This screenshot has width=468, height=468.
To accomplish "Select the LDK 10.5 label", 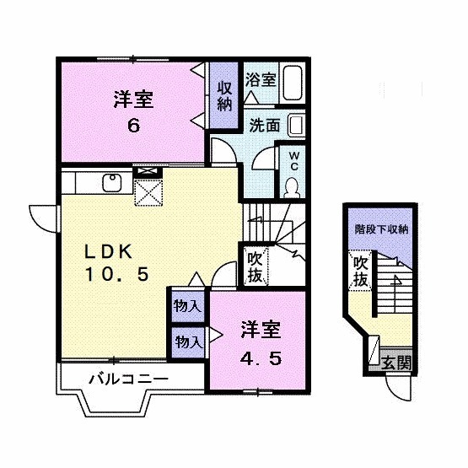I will [116, 261].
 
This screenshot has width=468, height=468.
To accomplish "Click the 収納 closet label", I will [224, 96].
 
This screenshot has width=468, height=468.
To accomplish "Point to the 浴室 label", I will [261, 81].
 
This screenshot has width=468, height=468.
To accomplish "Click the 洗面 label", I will [264, 125].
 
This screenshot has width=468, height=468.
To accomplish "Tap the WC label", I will [294, 160].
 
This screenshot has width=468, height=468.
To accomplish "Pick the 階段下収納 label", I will [380, 229].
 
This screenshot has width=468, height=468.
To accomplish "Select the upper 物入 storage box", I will [187, 305].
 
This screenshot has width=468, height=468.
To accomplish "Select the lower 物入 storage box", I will [187, 342].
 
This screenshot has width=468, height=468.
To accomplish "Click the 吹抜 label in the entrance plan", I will [360, 272].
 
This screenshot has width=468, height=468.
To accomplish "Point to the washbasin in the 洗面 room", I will [296, 126].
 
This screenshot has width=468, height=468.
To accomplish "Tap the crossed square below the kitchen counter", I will [148, 192].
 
